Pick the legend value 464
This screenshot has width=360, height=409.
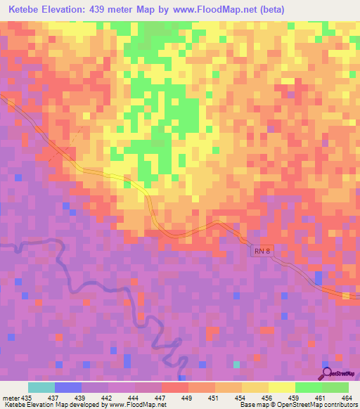click(x=347, y=397)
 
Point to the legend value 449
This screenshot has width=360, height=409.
click(x=187, y=397)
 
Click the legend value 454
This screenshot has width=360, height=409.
click(x=240, y=397)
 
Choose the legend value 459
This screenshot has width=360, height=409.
click(x=294, y=397)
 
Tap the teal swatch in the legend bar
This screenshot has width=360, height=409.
click(x=41, y=387)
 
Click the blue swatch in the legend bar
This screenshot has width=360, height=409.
click(x=67, y=387)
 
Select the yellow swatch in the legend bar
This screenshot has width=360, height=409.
click(x=281, y=387)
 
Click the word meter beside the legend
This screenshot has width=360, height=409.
click(x=11, y=397)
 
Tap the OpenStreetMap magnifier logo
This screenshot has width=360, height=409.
click(x=326, y=372)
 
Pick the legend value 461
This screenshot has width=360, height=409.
click(x=321, y=397)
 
